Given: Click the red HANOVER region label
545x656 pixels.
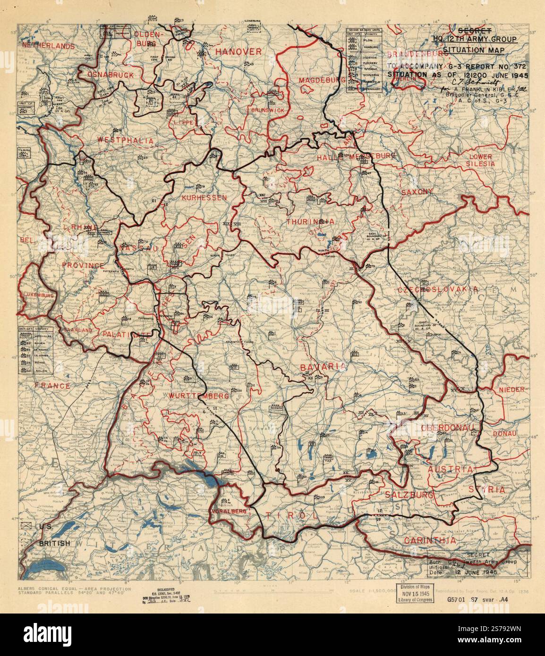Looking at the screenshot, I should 238,51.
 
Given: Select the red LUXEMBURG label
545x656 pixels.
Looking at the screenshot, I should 35,294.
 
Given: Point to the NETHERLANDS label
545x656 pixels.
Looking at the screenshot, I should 48,46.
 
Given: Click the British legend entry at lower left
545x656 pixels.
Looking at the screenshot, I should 54,543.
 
